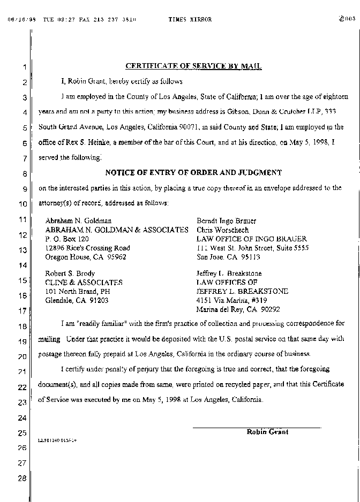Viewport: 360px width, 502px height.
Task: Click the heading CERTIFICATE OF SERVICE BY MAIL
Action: pyautogui.click(x=193, y=66)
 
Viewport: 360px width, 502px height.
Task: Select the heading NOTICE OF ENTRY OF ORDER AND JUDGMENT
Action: pyautogui.click(x=193, y=173)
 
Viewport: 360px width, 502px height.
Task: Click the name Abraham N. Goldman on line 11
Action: pyautogui.click(x=78, y=220)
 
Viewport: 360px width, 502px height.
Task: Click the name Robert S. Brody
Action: pyautogui.click(x=70, y=273)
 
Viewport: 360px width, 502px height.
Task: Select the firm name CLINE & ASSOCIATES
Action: pyautogui.click(x=84, y=283)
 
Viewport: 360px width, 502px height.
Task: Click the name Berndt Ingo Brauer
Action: pyautogui.click(x=226, y=220)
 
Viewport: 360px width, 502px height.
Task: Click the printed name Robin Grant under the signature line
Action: pyautogui.click(x=267, y=432)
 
